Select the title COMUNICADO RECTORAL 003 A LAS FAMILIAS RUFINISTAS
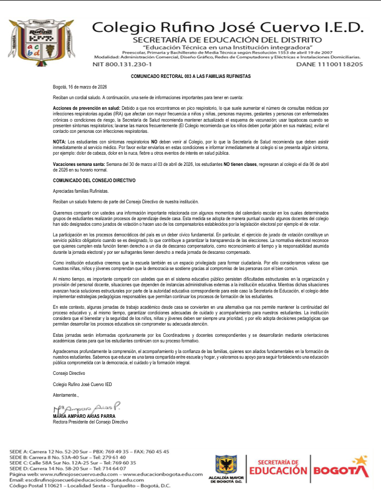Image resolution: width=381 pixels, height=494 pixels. pos(190,75)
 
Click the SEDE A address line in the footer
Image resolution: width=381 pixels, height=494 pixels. pos(89,451)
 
